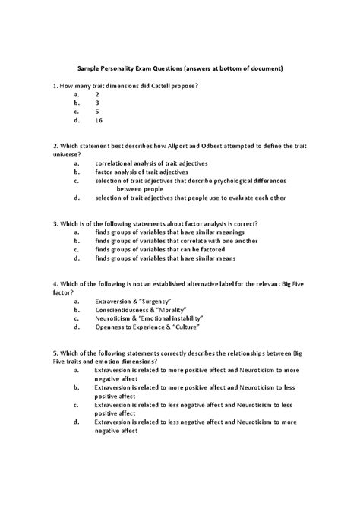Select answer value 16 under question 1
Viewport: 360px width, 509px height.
(99, 120)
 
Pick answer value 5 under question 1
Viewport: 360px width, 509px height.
(97, 109)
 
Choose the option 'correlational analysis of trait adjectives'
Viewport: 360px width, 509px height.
(151, 163)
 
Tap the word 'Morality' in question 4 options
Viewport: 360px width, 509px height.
(175, 311)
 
